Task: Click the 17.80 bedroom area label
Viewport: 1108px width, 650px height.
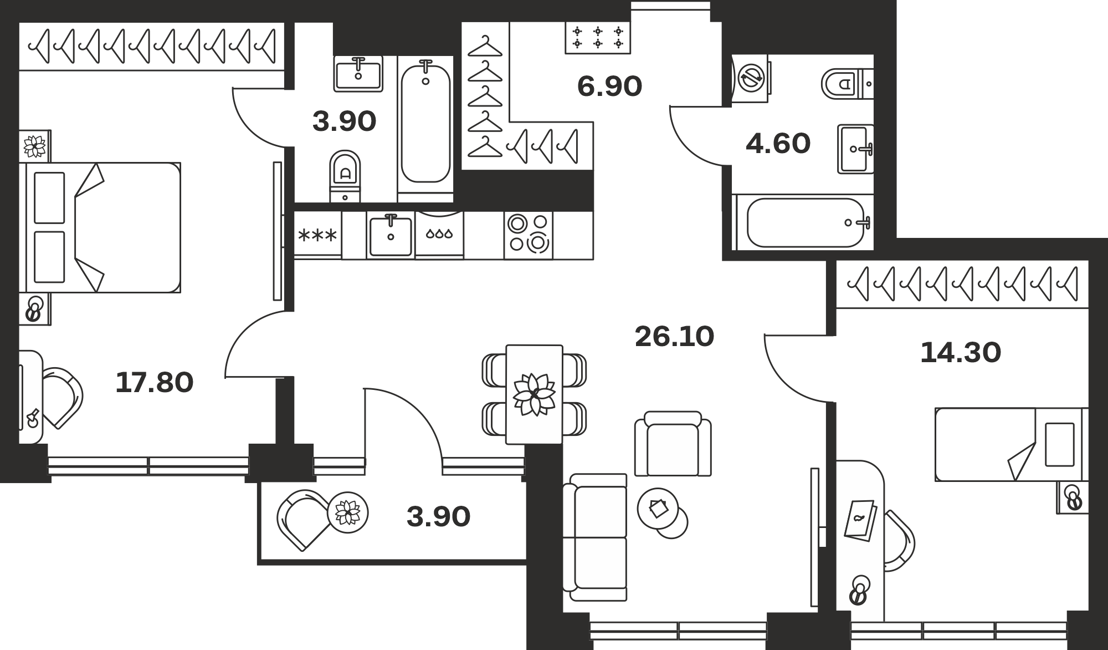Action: pos(155,383)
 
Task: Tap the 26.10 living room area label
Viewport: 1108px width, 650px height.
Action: pos(674,336)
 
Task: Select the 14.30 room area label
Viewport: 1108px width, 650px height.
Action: pos(961,352)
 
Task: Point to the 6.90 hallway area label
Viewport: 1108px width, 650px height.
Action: pos(609,86)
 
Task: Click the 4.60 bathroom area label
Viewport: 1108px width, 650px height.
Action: pos(778,143)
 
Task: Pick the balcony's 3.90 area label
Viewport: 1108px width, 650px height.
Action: pos(438,516)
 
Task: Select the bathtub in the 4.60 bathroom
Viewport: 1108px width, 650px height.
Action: pos(802,222)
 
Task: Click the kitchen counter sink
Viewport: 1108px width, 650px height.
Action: pos(391,235)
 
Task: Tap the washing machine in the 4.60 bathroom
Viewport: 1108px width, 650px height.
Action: pos(751,78)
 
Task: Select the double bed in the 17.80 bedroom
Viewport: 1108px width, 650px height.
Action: pos(100,227)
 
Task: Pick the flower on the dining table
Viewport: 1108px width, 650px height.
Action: pos(534,394)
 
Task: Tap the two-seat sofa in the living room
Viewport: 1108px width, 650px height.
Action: pos(595,537)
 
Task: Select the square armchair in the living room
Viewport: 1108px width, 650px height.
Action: pos(673,444)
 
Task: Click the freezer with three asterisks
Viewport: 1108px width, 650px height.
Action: pos(317,235)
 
